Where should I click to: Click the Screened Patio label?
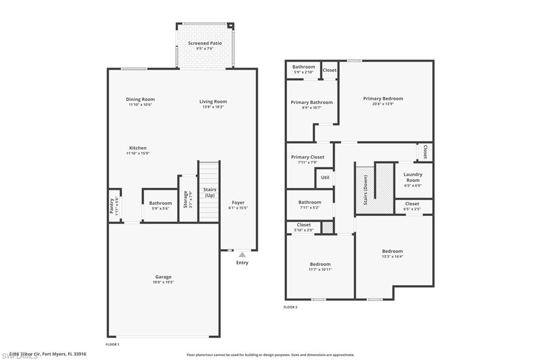tap(205, 43)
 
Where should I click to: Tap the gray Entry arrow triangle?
tap(242, 254)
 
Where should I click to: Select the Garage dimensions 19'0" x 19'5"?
tap(163, 282)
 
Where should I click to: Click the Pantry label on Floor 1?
tap(111, 206)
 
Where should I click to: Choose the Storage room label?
tap(185, 199)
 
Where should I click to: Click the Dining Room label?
tap(140, 99)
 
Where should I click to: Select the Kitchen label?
tap(138, 148)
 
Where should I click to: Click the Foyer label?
tap(238, 203)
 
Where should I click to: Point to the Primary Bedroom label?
tap(383, 99)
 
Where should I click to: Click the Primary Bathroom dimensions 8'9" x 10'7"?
tap(312, 108)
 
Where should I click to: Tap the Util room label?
tap(325, 177)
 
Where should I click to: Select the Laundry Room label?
tap(413, 177)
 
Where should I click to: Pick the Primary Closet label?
tap(307, 157)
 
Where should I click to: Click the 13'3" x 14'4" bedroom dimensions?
tap(392, 257)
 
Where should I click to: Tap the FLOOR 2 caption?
tap(291, 307)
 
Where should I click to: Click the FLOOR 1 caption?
tap(113, 344)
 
